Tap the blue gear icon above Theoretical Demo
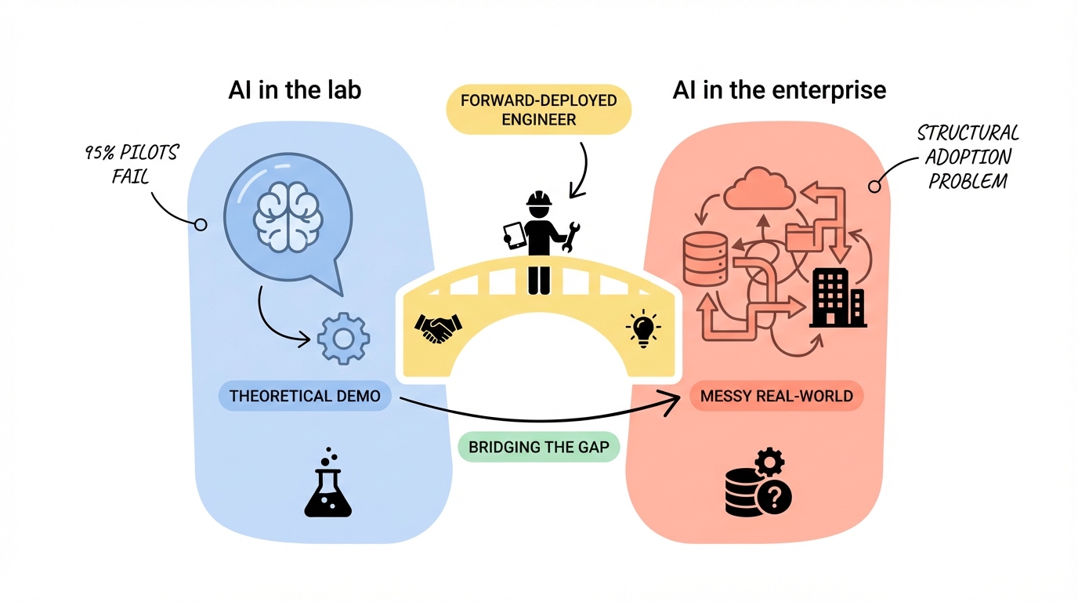343,339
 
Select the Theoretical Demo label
306,396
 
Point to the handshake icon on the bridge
438,328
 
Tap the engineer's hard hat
539,199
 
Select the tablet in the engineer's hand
514,235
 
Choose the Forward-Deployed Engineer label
539,110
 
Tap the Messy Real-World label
776,396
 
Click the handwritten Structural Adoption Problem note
968,157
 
